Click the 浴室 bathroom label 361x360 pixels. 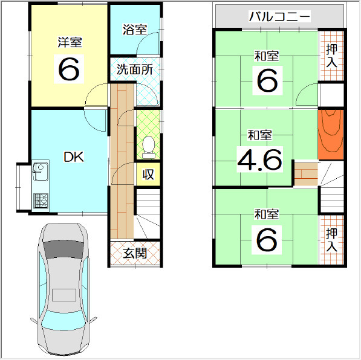pyautogui.click(x=135, y=30)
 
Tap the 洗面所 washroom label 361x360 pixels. pyautogui.click(x=135, y=69)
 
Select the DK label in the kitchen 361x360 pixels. pyautogui.click(x=73, y=157)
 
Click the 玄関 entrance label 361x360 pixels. pyautogui.click(x=135, y=253)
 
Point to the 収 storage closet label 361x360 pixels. pyautogui.click(x=148, y=175)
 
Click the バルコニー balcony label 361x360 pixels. pyautogui.click(x=280, y=16)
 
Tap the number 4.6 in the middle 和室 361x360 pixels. pyautogui.click(x=259, y=159)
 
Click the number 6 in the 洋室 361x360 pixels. pyautogui.click(x=69, y=69)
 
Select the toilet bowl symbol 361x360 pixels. pyautogui.click(x=149, y=147)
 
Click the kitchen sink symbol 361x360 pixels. pyautogui.click(x=41, y=172)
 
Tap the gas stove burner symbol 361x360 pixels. pyautogui.click(x=41, y=201)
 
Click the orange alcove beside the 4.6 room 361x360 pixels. pyautogui.click(x=331, y=135)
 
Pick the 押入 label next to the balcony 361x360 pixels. pyautogui.click(x=331, y=56)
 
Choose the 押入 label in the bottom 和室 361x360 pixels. pyautogui.click(x=331, y=240)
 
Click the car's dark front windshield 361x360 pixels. pyautogui.click(x=63, y=250)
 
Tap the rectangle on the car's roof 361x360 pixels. pyautogui.click(x=64, y=295)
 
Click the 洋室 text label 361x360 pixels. pyautogui.click(x=70, y=42)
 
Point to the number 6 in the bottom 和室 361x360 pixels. pyautogui.click(x=267, y=240)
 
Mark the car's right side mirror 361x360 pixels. pyautogui.click(x=93, y=320)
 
